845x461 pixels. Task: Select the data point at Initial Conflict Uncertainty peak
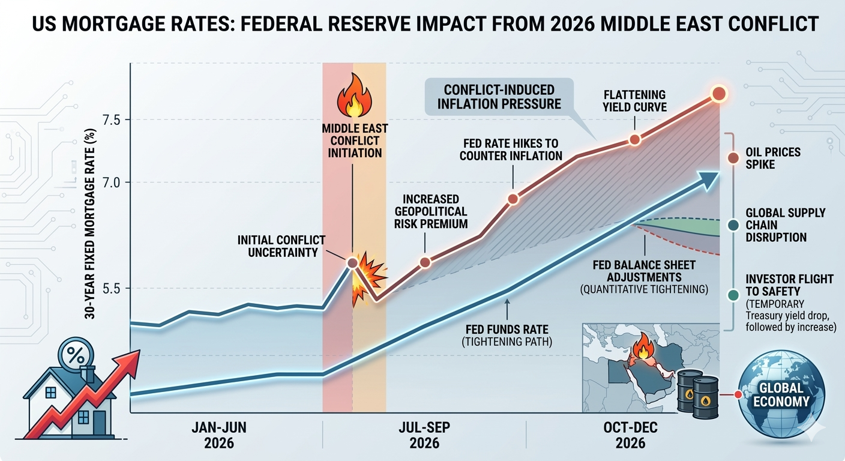coord(353,262)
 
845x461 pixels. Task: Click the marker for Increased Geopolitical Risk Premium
coord(425,262)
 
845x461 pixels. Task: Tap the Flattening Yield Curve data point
coord(635,140)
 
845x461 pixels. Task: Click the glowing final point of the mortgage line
coord(718,94)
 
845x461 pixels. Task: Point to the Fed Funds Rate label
coord(507,335)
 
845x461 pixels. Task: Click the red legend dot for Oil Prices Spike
coord(732,158)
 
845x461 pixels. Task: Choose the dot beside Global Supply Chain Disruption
coord(732,226)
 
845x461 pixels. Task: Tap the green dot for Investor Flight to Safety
coord(732,295)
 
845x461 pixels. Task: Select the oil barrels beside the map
coord(698,393)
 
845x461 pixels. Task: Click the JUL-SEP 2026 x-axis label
coord(424,436)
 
